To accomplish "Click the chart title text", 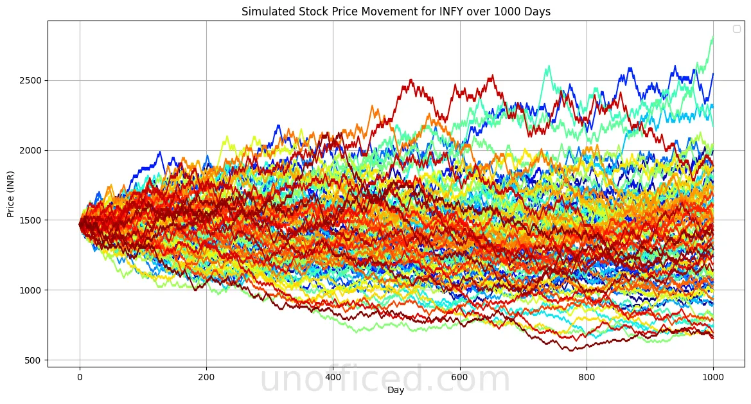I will [x=396, y=12].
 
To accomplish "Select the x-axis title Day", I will [x=396, y=390].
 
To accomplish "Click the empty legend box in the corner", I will [x=736, y=29].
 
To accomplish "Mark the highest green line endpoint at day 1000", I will [x=712, y=37].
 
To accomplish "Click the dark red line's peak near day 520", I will [x=410, y=80].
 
